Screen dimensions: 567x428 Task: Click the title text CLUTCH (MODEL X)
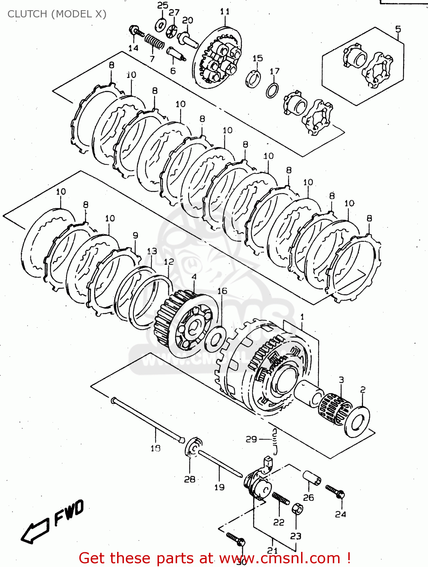57,14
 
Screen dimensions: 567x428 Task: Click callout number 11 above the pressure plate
225,11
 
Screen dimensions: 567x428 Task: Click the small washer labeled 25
161,25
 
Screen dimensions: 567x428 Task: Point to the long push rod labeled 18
147,420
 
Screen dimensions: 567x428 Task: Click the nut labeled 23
297,509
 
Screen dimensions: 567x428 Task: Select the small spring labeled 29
275,440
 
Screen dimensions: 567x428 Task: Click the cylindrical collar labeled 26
312,477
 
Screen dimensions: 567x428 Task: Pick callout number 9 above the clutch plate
135,235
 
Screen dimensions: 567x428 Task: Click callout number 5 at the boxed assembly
398,29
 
